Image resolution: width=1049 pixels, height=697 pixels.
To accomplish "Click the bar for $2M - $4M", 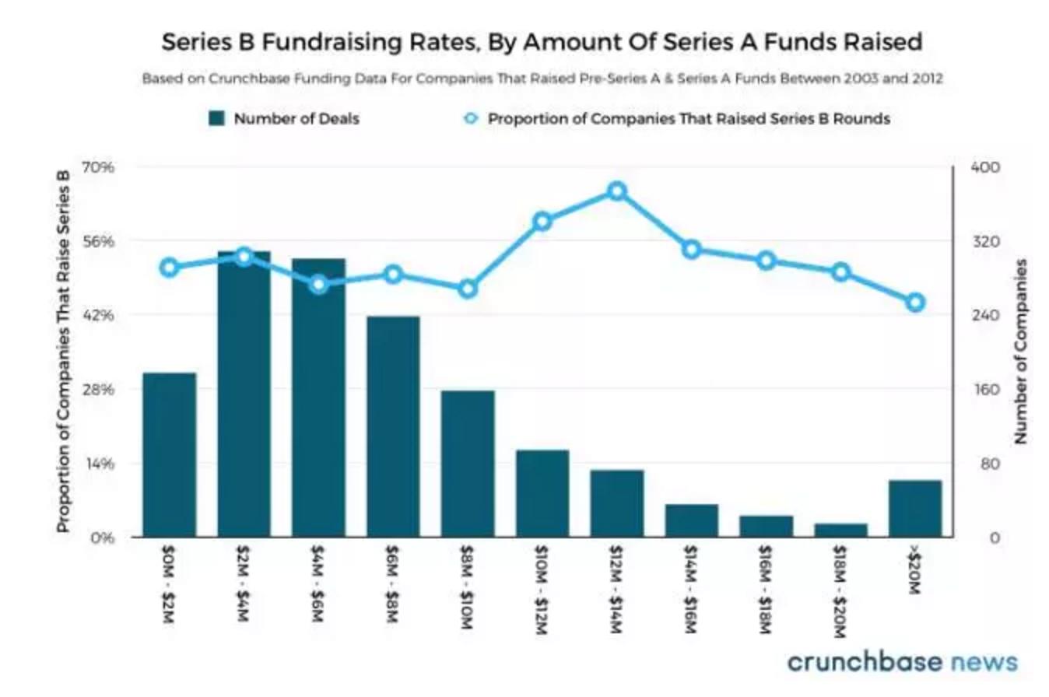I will tap(244, 394).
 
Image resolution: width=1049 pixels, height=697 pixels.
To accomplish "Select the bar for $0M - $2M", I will tap(169, 454).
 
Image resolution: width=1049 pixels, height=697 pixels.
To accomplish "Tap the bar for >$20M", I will tap(915, 508).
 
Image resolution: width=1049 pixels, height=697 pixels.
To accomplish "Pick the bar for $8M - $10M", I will tap(468, 463).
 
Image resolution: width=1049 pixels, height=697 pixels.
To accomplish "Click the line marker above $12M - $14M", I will tap(617, 191).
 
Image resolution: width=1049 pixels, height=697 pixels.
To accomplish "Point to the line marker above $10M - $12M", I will tap(542, 222).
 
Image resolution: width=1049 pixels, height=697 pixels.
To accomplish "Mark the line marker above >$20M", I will tap(915, 303).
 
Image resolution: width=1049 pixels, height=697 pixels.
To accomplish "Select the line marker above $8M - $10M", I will tap(468, 289).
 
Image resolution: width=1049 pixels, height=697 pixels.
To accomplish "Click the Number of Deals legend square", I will tap(216, 119).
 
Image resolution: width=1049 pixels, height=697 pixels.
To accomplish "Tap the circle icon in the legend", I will tap(470, 119).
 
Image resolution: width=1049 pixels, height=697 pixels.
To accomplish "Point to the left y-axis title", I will tap(64, 352).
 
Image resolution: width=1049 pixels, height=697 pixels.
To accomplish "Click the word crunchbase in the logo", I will tap(862, 662).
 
